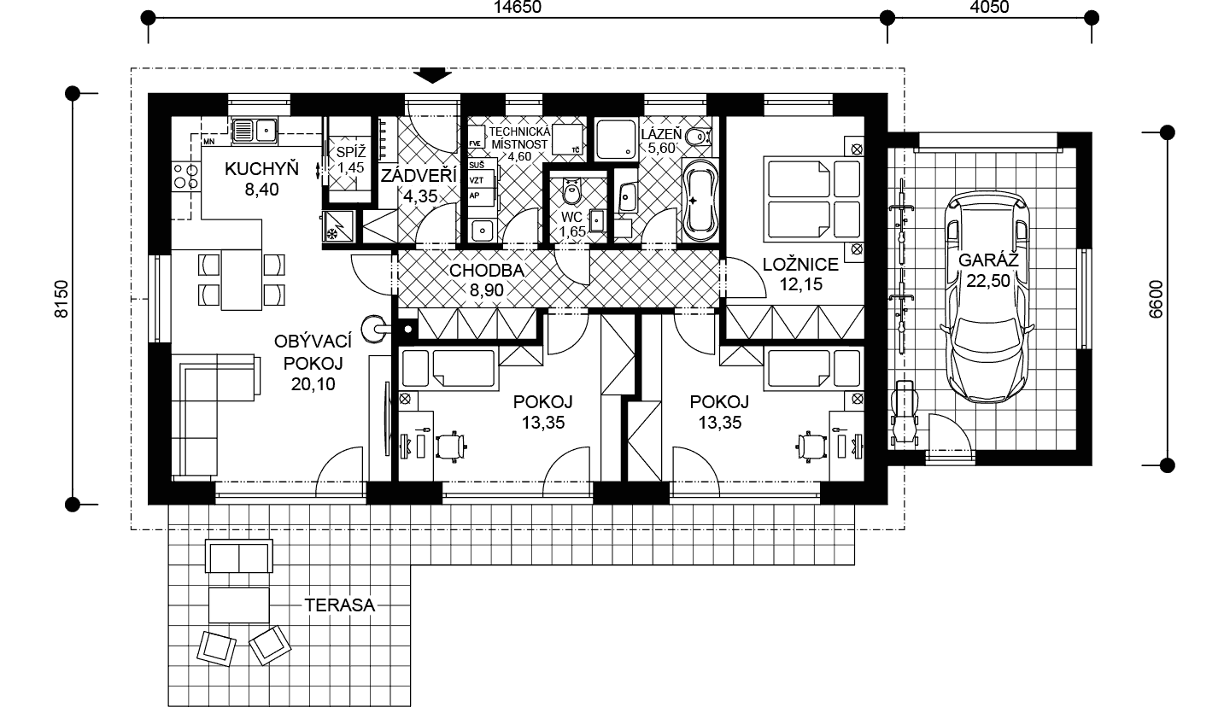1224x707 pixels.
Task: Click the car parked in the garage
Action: point(987,298)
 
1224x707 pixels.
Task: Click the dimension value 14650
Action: point(517,7)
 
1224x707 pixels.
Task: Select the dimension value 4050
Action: point(989,7)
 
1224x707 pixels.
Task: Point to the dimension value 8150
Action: point(61,299)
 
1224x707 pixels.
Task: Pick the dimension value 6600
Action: point(1157,300)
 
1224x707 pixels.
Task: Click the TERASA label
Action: point(339,605)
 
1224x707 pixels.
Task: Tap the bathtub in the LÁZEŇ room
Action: point(701,201)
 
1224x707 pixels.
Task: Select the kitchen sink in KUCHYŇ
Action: point(255,131)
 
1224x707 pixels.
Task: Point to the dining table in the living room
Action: point(241,280)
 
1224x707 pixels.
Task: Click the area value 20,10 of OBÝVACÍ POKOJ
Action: point(313,384)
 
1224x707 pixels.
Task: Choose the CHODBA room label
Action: point(486,270)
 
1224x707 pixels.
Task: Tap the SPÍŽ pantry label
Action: point(351,152)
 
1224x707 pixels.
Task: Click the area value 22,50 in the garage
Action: point(988,281)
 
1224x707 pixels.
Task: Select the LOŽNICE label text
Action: point(800,265)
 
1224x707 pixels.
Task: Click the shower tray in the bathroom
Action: point(616,139)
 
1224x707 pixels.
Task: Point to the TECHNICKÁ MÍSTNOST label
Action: point(519,138)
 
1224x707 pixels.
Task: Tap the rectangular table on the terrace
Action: point(239,605)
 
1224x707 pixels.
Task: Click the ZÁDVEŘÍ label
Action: point(419,175)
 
